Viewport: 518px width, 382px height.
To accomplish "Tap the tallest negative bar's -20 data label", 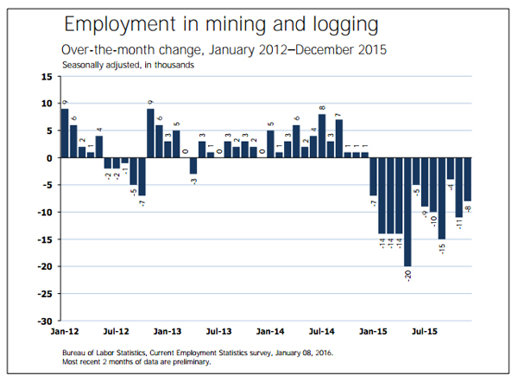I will pos(407,276).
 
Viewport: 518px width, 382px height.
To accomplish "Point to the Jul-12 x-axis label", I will pos(116,331).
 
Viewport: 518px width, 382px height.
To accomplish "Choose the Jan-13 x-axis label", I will pos(167,331).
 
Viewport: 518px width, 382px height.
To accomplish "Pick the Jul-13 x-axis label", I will pos(219,331).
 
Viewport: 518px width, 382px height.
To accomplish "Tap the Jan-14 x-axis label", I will pos(270,331).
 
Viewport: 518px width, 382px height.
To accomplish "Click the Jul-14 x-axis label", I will pos(321,331).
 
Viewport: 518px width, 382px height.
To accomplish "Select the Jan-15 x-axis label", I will pos(373,331).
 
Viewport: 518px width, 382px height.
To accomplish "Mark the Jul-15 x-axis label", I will pos(424,331).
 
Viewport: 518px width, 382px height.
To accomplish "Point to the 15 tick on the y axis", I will pos(47,77).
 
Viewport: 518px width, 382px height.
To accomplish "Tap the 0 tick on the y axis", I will pos(50,158).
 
